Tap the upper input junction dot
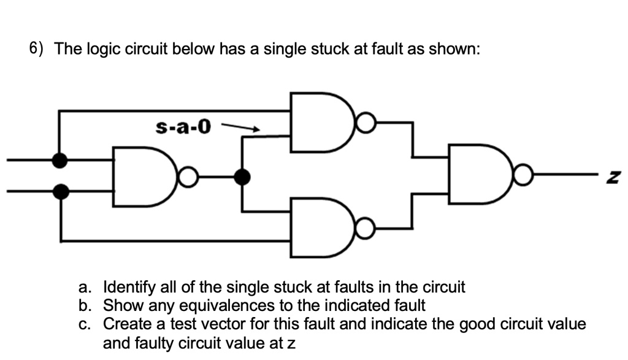[x=59, y=161]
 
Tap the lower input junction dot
[x=59, y=192]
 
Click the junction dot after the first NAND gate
[x=243, y=177]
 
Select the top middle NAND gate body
[x=319, y=122]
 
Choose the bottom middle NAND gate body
[x=319, y=228]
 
